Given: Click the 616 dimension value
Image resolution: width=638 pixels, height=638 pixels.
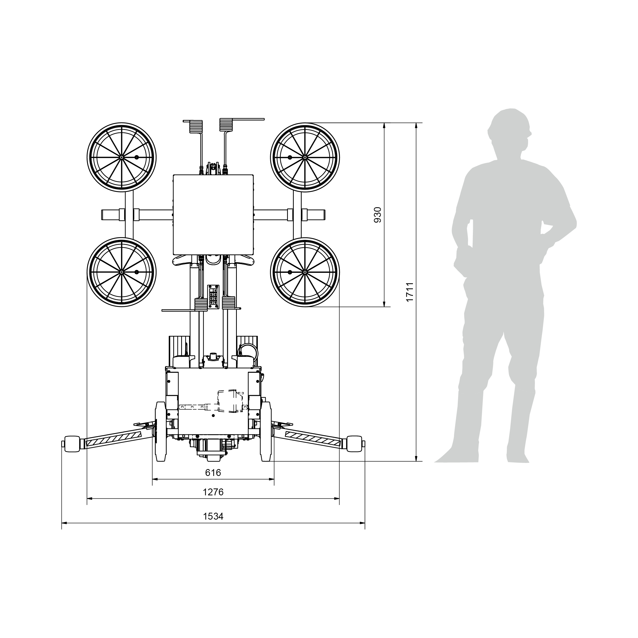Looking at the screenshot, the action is click(x=213, y=473).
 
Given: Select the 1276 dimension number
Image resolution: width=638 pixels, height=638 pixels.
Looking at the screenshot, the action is click(x=213, y=492).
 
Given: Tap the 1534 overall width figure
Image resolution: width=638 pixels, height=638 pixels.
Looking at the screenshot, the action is click(x=213, y=517).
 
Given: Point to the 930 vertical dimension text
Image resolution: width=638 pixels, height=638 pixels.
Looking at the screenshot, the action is click(x=377, y=215).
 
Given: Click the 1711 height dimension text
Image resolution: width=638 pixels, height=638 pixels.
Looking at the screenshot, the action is click(x=410, y=292).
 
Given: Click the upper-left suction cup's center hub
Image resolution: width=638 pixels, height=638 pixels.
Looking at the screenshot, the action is click(x=121, y=157).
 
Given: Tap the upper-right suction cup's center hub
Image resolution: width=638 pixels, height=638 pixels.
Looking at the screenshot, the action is click(x=305, y=157).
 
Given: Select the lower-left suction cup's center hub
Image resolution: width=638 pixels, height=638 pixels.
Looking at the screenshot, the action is click(x=121, y=272).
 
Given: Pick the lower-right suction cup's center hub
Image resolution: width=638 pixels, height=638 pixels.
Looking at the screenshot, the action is click(x=305, y=272).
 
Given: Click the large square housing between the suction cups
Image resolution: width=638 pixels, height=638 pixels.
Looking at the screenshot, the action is click(x=213, y=215).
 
